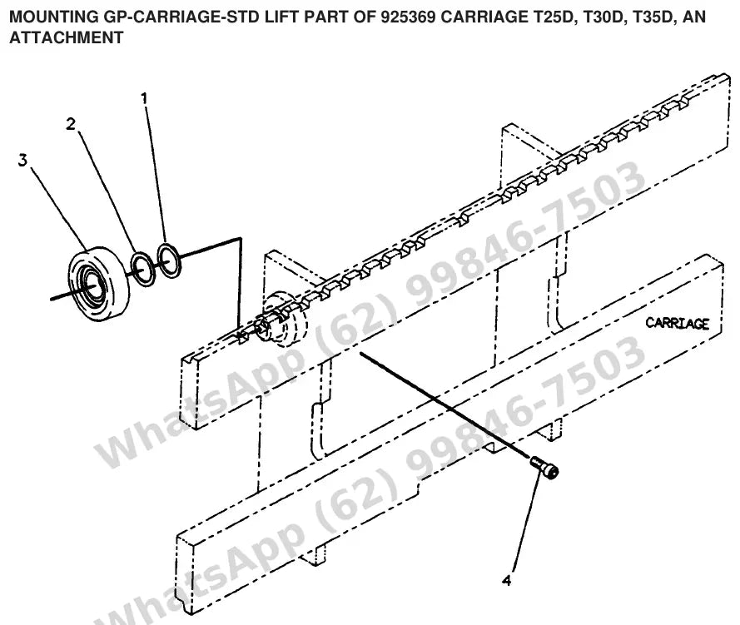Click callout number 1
[x=144, y=98]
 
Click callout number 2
[x=71, y=124]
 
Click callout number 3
[x=22, y=161]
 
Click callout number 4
[x=506, y=580]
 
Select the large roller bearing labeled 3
[x=98, y=284]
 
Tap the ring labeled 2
[x=142, y=269]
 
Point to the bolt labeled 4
[x=544, y=468]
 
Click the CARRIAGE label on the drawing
[x=677, y=324]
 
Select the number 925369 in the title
[x=408, y=17]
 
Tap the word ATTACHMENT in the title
[x=67, y=37]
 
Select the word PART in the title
[x=326, y=17]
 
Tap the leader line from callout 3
[x=57, y=207]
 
